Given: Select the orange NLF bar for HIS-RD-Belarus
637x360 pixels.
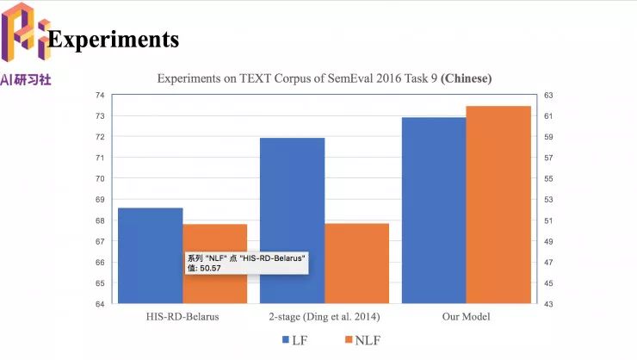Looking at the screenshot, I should [214, 241].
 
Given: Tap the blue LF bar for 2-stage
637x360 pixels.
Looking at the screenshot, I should [292, 220].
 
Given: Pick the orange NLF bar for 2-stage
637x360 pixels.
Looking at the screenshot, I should [356, 263].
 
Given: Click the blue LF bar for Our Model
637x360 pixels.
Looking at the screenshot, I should [433, 210].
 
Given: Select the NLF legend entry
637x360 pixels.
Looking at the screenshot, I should [362, 341].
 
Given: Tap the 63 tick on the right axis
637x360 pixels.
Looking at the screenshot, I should [548, 95].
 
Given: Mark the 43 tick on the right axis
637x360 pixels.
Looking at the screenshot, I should [548, 304].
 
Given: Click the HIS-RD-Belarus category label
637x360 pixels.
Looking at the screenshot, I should [182, 316].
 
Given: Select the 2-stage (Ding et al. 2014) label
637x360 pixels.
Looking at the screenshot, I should [324, 316].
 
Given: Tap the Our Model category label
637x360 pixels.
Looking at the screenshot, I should [466, 316].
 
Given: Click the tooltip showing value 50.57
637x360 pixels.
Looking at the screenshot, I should [246, 263].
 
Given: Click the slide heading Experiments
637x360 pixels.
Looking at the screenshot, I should [114, 40].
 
